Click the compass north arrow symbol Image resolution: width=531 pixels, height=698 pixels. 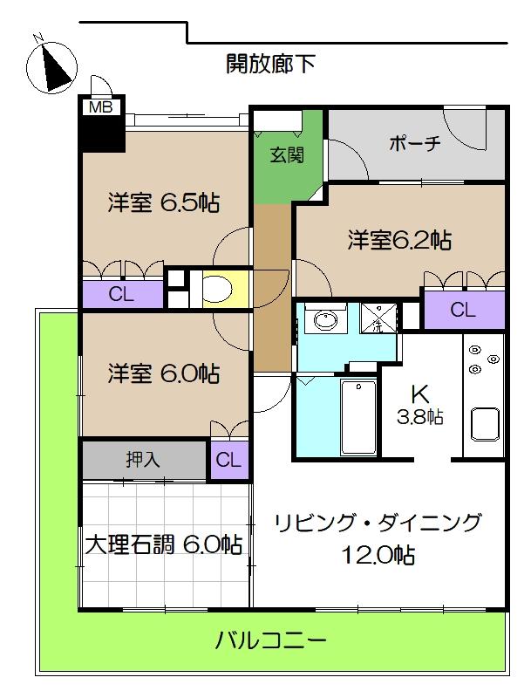pyautogui.click(x=52, y=67)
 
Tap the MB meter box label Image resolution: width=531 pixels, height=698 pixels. pyautogui.click(x=101, y=106)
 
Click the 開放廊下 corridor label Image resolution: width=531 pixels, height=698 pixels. pyautogui.click(x=270, y=64)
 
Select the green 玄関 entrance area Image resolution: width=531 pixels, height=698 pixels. pyautogui.click(x=287, y=156)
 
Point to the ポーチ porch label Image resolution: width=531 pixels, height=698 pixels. pyautogui.click(x=414, y=143)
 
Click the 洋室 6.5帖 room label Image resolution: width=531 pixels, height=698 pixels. pyautogui.click(x=164, y=203)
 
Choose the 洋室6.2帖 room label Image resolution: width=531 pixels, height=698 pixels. pyautogui.click(x=399, y=241)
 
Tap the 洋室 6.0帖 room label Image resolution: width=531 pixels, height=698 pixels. pyautogui.click(x=164, y=373)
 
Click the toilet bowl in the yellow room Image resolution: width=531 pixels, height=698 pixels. pyautogui.click(x=216, y=289)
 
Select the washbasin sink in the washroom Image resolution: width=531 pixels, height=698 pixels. pyautogui.click(x=326, y=320)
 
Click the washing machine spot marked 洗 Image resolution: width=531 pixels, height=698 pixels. pyautogui.click(x=378, y=318)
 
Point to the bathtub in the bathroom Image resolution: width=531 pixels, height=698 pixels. pyautogui.click(x=358, y=417)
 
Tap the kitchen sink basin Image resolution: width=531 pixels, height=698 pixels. pyautogui.click(x=485, y=425)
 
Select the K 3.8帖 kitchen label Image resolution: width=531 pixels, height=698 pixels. pyautogui.click(x=419, y=405)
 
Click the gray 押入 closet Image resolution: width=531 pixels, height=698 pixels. pyautogui.click(x=144, y=460)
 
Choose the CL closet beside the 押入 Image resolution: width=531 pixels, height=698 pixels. pyautogui.click(x=229, y=461)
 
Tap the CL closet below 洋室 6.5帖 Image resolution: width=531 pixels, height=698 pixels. pyautogui.click(x=122, y=294)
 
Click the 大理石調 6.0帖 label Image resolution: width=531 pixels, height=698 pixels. pyautogui.click(x=164, y=544)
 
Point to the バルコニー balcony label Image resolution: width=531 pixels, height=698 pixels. pyautogui.click(x=271, y=641)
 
